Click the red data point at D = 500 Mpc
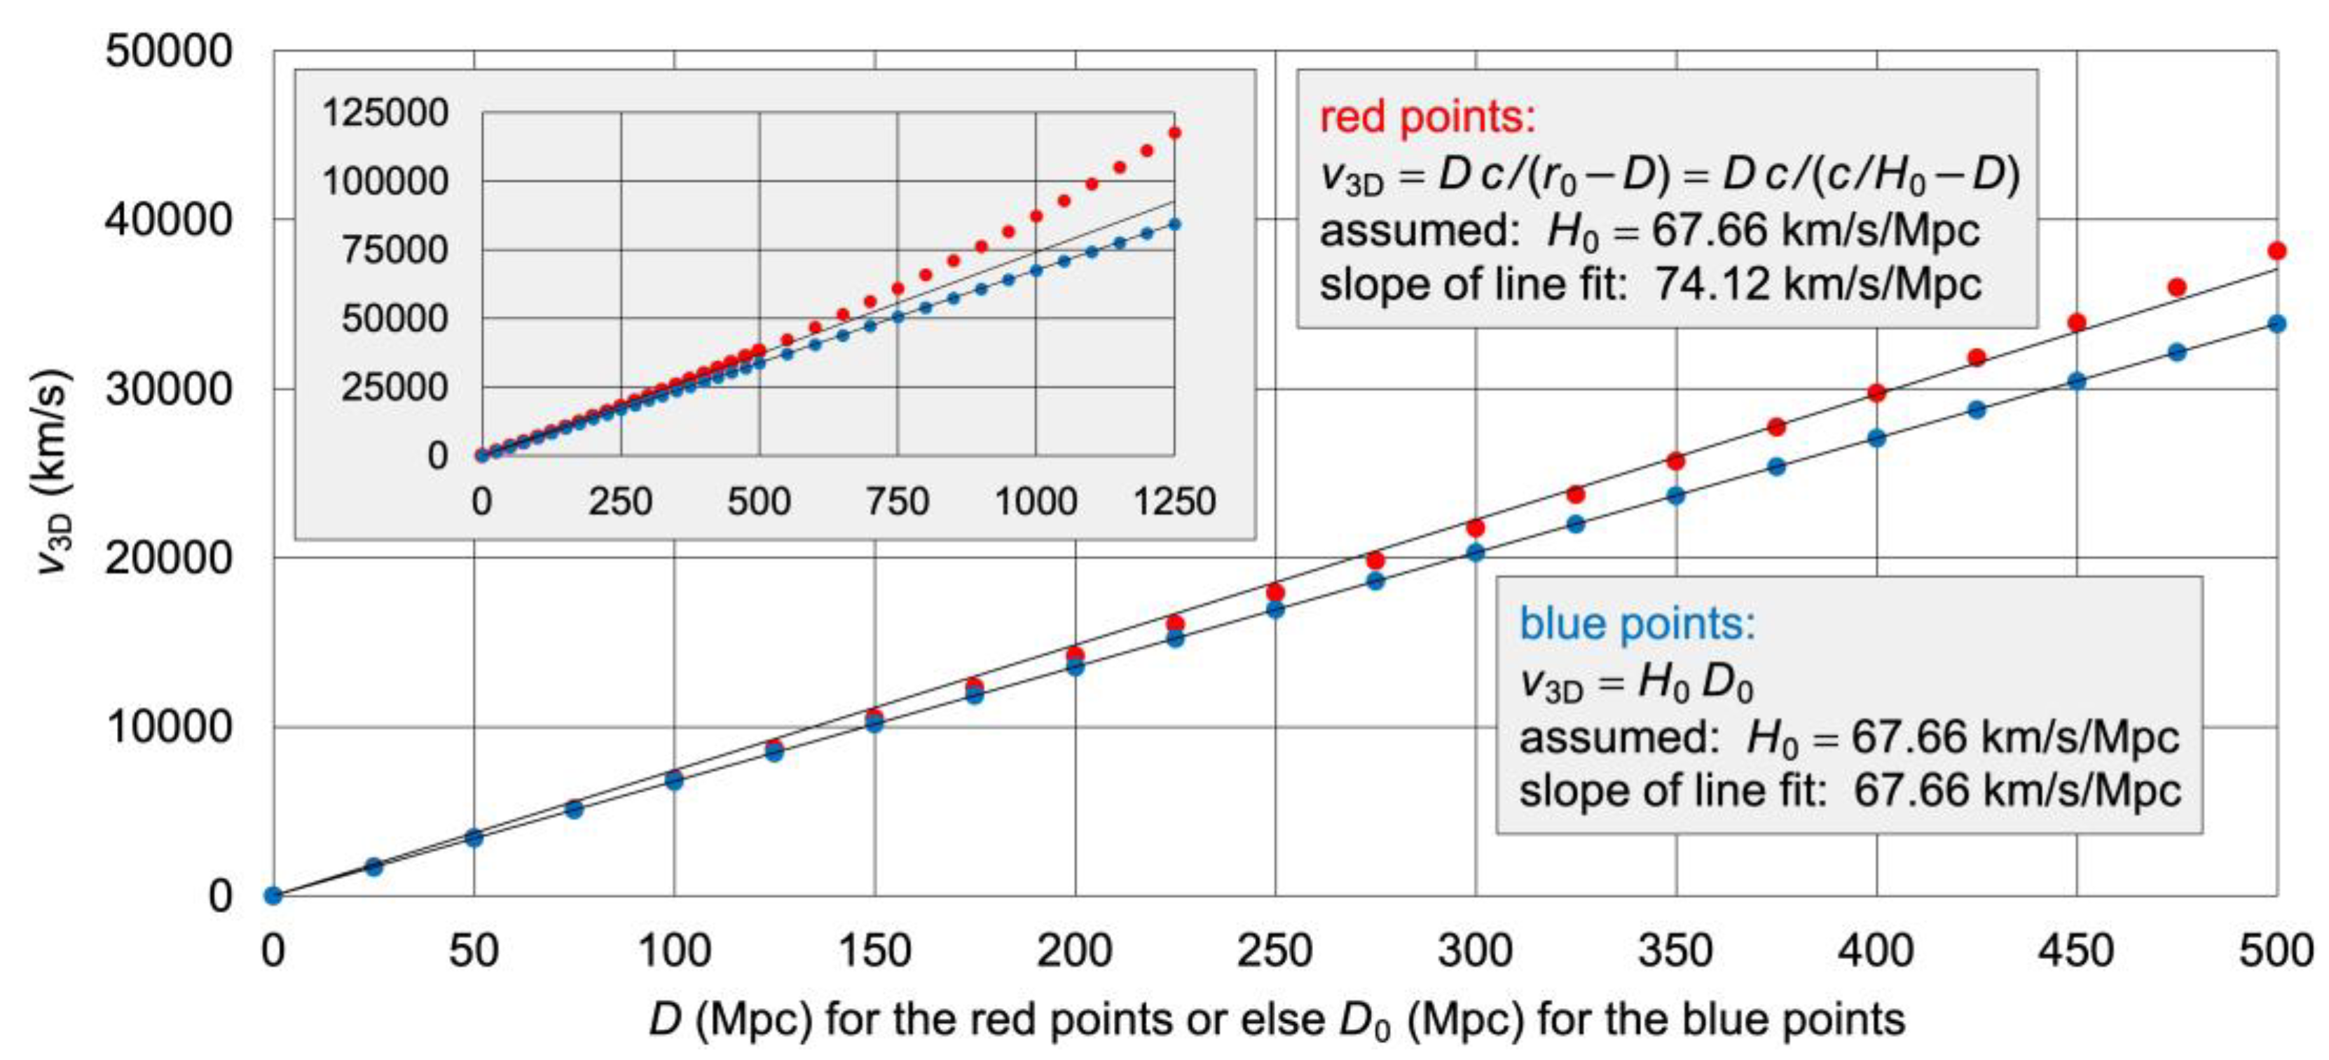(2276, 250)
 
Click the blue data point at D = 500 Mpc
(2276, 324)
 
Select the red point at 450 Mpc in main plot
(2077, 322)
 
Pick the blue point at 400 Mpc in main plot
(1877, 439)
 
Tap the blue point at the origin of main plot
(273, 895)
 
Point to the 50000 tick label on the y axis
(169, 52)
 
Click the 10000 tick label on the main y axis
(169, 727)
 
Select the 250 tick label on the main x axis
(1275, 951)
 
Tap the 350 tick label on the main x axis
(1675, 951)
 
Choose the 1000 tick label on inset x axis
(1036, 502)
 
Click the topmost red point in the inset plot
(1174, 133)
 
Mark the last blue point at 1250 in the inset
(1174, 224)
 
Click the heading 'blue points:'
(1637, 624)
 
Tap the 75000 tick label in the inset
(394, 250)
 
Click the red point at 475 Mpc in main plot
(2177, 287)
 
